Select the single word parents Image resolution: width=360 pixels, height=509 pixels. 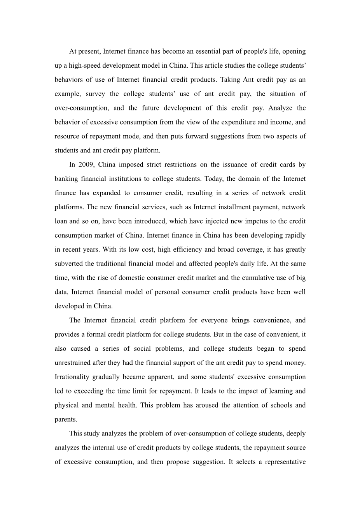click(66, 419)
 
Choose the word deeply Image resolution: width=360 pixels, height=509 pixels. click(296, 434)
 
